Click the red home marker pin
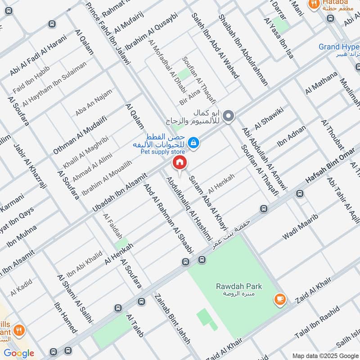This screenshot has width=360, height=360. (180, 162)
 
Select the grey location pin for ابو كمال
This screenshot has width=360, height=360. (229, 116)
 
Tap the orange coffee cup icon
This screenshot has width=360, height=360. (279, 298)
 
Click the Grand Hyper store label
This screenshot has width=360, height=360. (339, 47)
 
